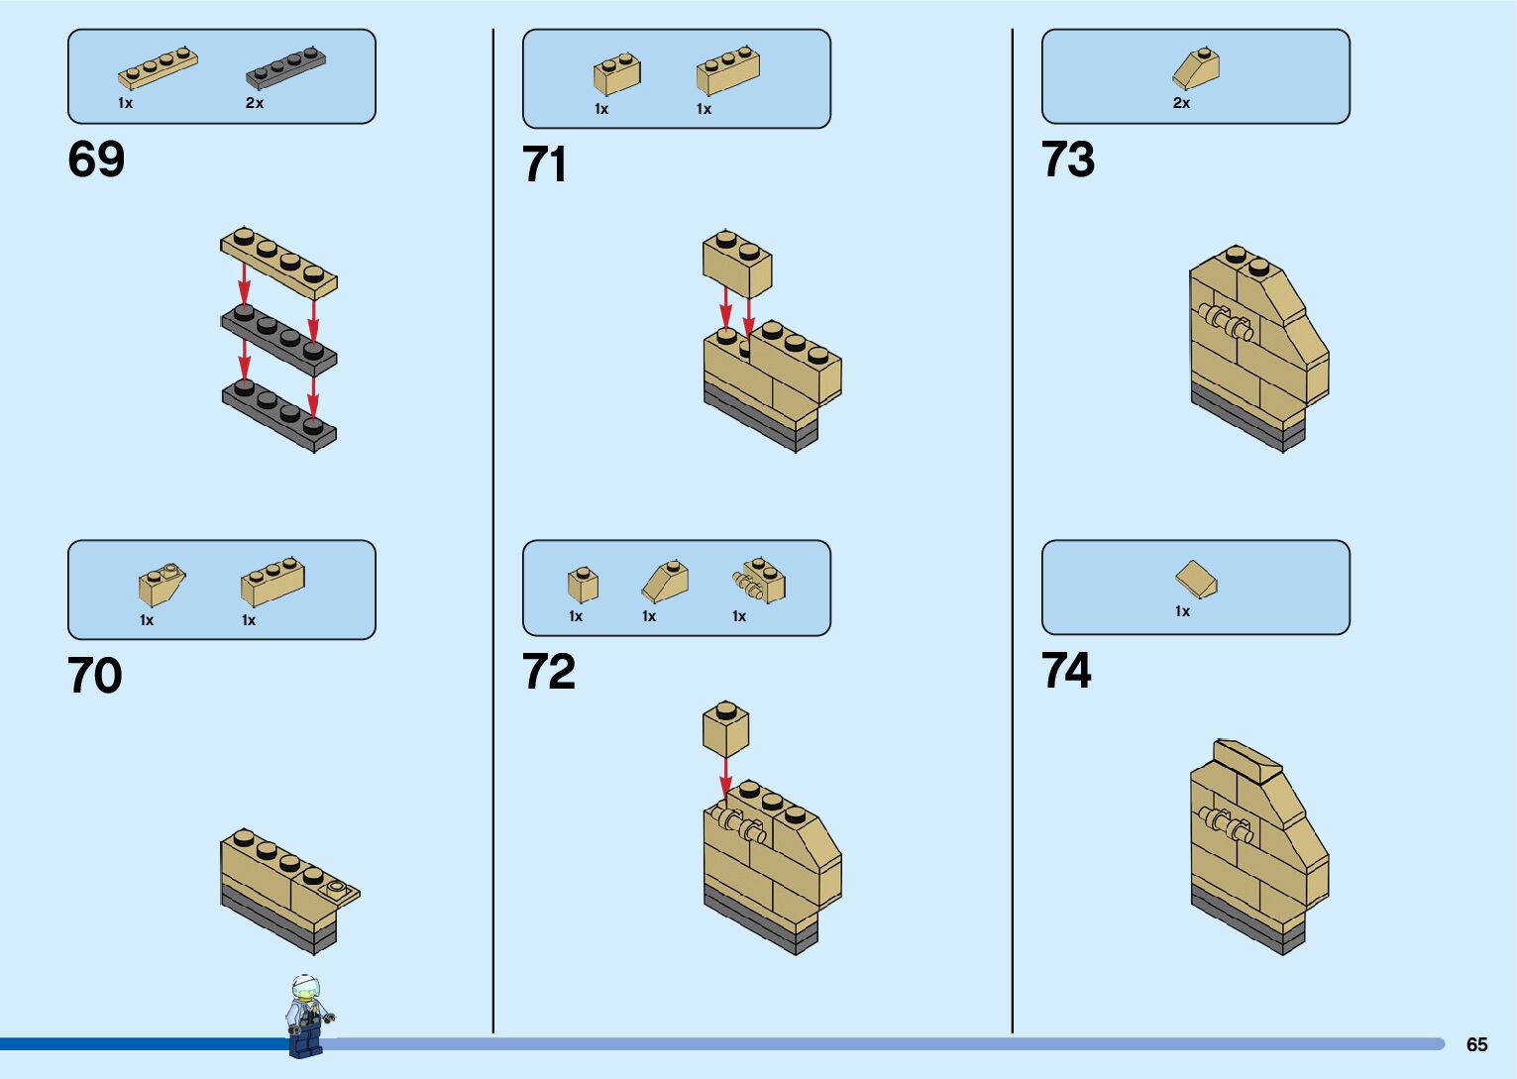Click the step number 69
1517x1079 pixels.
[96, 160]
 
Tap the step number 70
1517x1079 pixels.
[95, 677]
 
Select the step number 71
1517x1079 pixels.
[545, 164]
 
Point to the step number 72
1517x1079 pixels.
[549, 673]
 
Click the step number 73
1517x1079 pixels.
[1068, 160]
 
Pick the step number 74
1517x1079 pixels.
[1066, 671]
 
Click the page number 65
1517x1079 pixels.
[1476, 1044]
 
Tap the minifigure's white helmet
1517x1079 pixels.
[304, 986]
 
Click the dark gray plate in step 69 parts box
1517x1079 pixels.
[286, 68]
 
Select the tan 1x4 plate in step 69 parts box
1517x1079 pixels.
[158, 68]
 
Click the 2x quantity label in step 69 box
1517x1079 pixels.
[255, 103]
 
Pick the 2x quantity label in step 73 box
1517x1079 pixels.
[1181, 103]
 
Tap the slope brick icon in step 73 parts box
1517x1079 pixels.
[1196, 68]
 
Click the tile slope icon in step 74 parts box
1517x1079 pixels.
[1196, 580]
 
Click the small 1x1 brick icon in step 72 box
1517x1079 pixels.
[583, 585]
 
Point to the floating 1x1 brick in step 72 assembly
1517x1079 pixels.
[725, 729]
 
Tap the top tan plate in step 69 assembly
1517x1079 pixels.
[278, 262]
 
